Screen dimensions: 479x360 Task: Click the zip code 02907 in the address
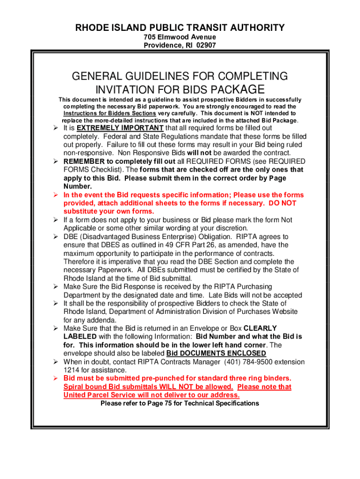[206, 45]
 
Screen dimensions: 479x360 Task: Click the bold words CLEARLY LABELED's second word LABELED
[80, 336]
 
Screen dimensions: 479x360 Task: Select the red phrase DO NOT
[283, 203]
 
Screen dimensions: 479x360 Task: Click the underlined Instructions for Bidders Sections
[109, 113]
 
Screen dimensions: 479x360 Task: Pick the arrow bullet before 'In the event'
[55, 195]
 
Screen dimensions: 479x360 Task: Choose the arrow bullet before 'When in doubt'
[55, 362]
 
